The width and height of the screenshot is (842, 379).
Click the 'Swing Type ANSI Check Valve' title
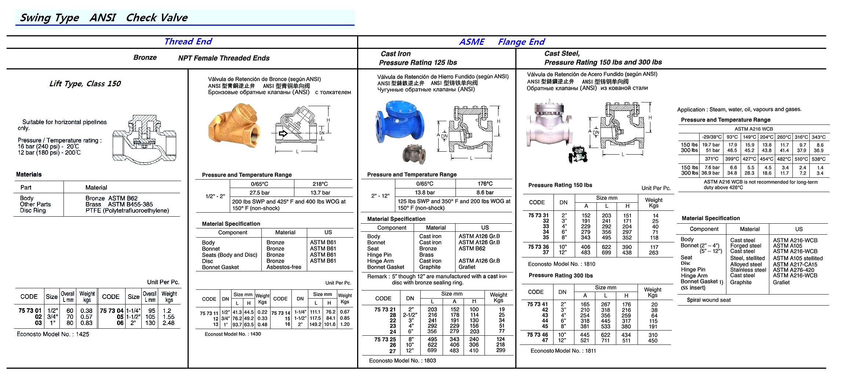click(104, 18)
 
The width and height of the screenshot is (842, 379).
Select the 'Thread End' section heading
click(188, 41)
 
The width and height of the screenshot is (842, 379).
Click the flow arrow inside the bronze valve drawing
click(283, 133)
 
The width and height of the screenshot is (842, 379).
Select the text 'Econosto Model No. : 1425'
click(53, 334)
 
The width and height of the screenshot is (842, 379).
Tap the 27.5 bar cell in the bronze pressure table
click(260, 192)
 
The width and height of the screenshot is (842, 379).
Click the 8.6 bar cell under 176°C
click(485, 192)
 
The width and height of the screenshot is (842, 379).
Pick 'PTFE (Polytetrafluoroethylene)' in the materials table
click(127, 210)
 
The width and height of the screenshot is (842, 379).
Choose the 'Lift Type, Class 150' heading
click(85, 84)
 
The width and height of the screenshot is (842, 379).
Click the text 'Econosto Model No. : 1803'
click(402, 361)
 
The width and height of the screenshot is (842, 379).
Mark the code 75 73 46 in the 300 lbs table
click(537, 335)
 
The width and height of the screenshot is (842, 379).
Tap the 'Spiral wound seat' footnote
click(708, 300)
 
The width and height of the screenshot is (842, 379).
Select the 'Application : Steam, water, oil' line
click(739, 109)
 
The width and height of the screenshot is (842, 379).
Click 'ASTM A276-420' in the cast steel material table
click(793, 270)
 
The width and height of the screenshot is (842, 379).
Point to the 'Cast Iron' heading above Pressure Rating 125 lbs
click(395, 54)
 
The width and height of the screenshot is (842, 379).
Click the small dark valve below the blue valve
click(414, 154)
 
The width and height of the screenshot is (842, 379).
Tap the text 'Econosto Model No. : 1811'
click(563, 351)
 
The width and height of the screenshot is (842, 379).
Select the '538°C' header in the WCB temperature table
click(819, 159)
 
